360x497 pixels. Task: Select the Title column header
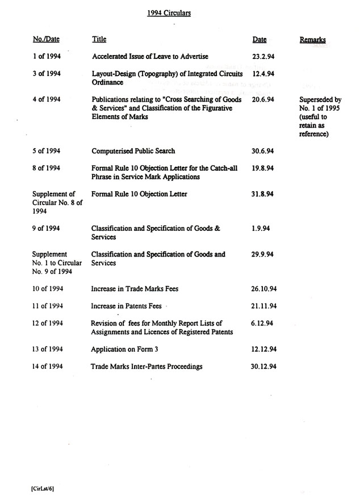[99, 40]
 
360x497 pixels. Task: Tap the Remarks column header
[313, 40]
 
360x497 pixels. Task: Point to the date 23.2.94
[263, 56]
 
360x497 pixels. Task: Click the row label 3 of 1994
[47, 74]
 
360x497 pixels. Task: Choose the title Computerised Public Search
[133, 151]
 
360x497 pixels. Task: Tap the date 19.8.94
[263, 169]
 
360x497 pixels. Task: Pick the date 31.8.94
[263, 194]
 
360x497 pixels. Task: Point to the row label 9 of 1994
[47, 229]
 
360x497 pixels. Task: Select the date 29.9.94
[263, 255]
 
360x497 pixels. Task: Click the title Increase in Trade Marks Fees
[135, 289]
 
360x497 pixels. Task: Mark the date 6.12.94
[263, 323]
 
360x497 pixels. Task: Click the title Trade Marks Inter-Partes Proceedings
[147, 367]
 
